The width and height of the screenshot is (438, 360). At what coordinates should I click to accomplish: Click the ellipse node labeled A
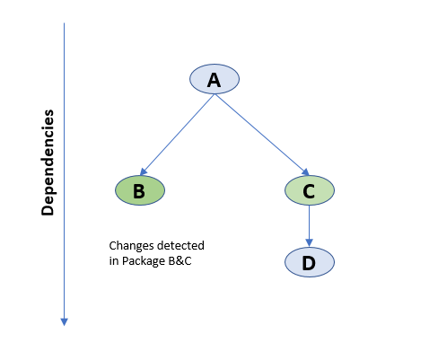click(x=215, y=79)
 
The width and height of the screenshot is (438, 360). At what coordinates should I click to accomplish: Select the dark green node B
click(x=140, y=190)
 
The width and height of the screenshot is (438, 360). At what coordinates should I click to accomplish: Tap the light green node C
click(x=310, y=190)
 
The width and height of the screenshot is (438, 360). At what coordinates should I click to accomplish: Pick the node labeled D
click(x=310, y=262)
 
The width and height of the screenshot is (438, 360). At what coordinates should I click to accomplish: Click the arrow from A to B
click(x=178, y=135)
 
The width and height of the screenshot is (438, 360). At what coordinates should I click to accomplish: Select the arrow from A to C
click(x=262, y=135)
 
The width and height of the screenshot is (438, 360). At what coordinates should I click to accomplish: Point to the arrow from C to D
click(x=310, y=226)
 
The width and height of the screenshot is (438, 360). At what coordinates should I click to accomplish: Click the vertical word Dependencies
click(x=48, y=162)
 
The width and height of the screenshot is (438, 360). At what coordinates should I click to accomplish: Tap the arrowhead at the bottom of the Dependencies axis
click(x=64, y=322)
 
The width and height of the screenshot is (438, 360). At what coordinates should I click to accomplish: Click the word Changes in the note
click(x=130, y=246)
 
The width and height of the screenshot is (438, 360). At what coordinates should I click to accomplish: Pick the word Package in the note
click(x=144, y=261)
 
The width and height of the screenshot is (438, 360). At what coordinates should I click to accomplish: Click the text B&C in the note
click(x=180, y=260)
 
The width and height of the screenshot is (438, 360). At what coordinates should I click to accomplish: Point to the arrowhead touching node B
click(x=143, y=171)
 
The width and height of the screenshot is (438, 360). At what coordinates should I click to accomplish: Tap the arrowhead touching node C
click(x=306, y=172)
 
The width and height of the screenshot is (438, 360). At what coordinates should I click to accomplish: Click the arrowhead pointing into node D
click(x=310, y=243)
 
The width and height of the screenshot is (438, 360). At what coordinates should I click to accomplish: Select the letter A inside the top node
click(x=214, y=80)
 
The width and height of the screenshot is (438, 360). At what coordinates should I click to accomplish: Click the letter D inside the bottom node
click(x=309, y=263)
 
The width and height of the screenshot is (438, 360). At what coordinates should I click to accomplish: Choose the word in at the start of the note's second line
click(x=114, y=260)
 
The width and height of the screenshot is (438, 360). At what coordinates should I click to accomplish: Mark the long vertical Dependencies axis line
click(x=64, y=174)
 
